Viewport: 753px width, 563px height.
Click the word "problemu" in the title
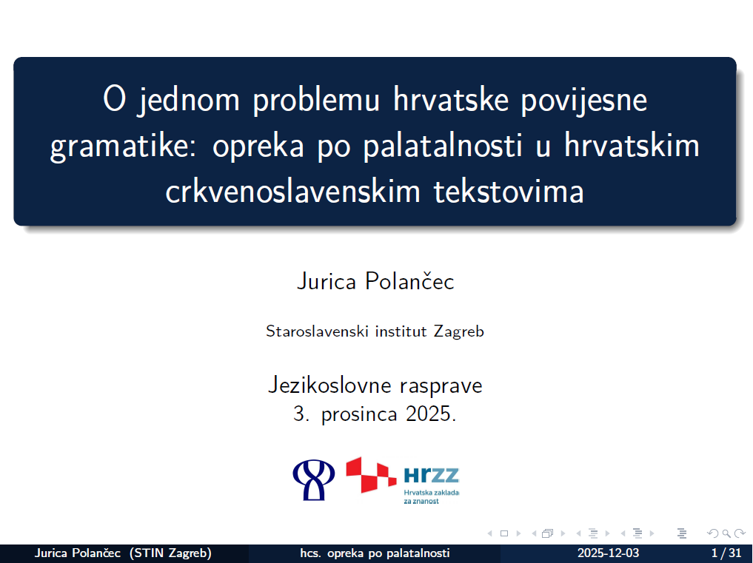tap(316, 101)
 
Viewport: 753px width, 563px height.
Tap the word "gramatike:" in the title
tap(123, 146)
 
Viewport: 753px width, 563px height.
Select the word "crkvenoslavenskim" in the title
tap(293, 191)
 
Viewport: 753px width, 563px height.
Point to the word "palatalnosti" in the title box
tap(442, 146)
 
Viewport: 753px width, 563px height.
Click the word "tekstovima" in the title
tap(509, 191)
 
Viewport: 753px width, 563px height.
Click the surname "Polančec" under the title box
tap(409, 281)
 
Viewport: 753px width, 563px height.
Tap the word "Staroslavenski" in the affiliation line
tap(318, 331)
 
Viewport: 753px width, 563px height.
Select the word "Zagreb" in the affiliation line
tap(458, 331)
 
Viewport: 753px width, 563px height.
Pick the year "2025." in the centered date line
tap(431, 414)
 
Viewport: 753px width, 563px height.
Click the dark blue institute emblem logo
tap(314, 480)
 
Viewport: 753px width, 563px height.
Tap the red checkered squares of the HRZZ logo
tap(371, 475)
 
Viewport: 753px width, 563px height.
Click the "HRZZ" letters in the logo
tap(431, 475)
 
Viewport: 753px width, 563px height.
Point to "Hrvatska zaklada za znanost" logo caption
tap(431, 496)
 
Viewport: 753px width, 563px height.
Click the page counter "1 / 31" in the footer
tap(726, 553)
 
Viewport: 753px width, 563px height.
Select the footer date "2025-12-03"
tap(608, 553)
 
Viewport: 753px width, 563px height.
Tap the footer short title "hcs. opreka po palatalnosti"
tap(375, 553)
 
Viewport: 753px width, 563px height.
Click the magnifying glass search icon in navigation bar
tap(726, 533)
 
